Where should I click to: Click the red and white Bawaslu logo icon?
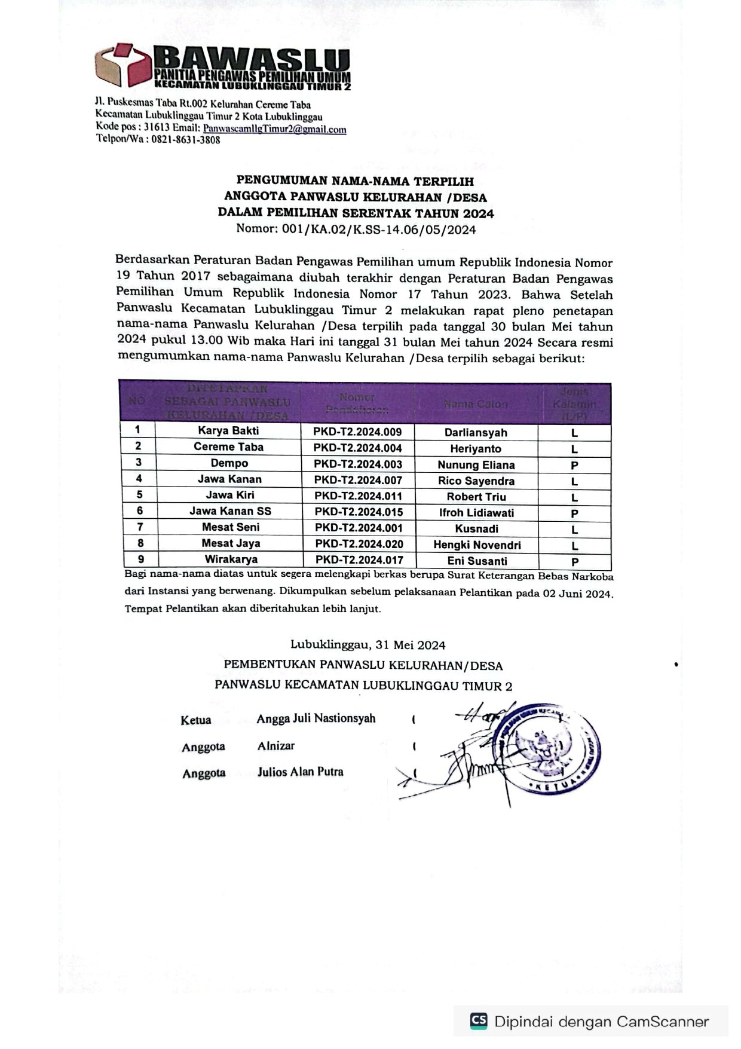coord(124,65)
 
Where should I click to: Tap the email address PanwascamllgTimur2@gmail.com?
coord(274,129)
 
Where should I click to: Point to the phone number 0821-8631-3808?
coord(185,140)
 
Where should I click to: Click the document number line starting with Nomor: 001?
coord(356,229)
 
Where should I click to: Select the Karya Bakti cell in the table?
coord(228,430)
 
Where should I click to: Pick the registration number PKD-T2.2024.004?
coord(358,448)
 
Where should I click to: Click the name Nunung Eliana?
coord(476,465)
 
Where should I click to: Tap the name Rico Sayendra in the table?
coord(476,481)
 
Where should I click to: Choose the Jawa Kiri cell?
coord(230,495)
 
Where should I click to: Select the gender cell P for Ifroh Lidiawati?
coord(574,513)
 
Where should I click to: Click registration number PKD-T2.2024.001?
coord(359,528)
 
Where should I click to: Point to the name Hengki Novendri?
coord(477,545)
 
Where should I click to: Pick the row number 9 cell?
coord(140,559)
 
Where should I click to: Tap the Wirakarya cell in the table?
coord(231,559)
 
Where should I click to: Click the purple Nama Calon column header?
coord(476,404)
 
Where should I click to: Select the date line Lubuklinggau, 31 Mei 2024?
coord(368,645)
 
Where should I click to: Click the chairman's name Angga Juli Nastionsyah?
coord(316,718)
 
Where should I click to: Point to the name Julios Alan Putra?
coord(300,772)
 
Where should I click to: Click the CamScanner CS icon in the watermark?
coord(479,1021)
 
